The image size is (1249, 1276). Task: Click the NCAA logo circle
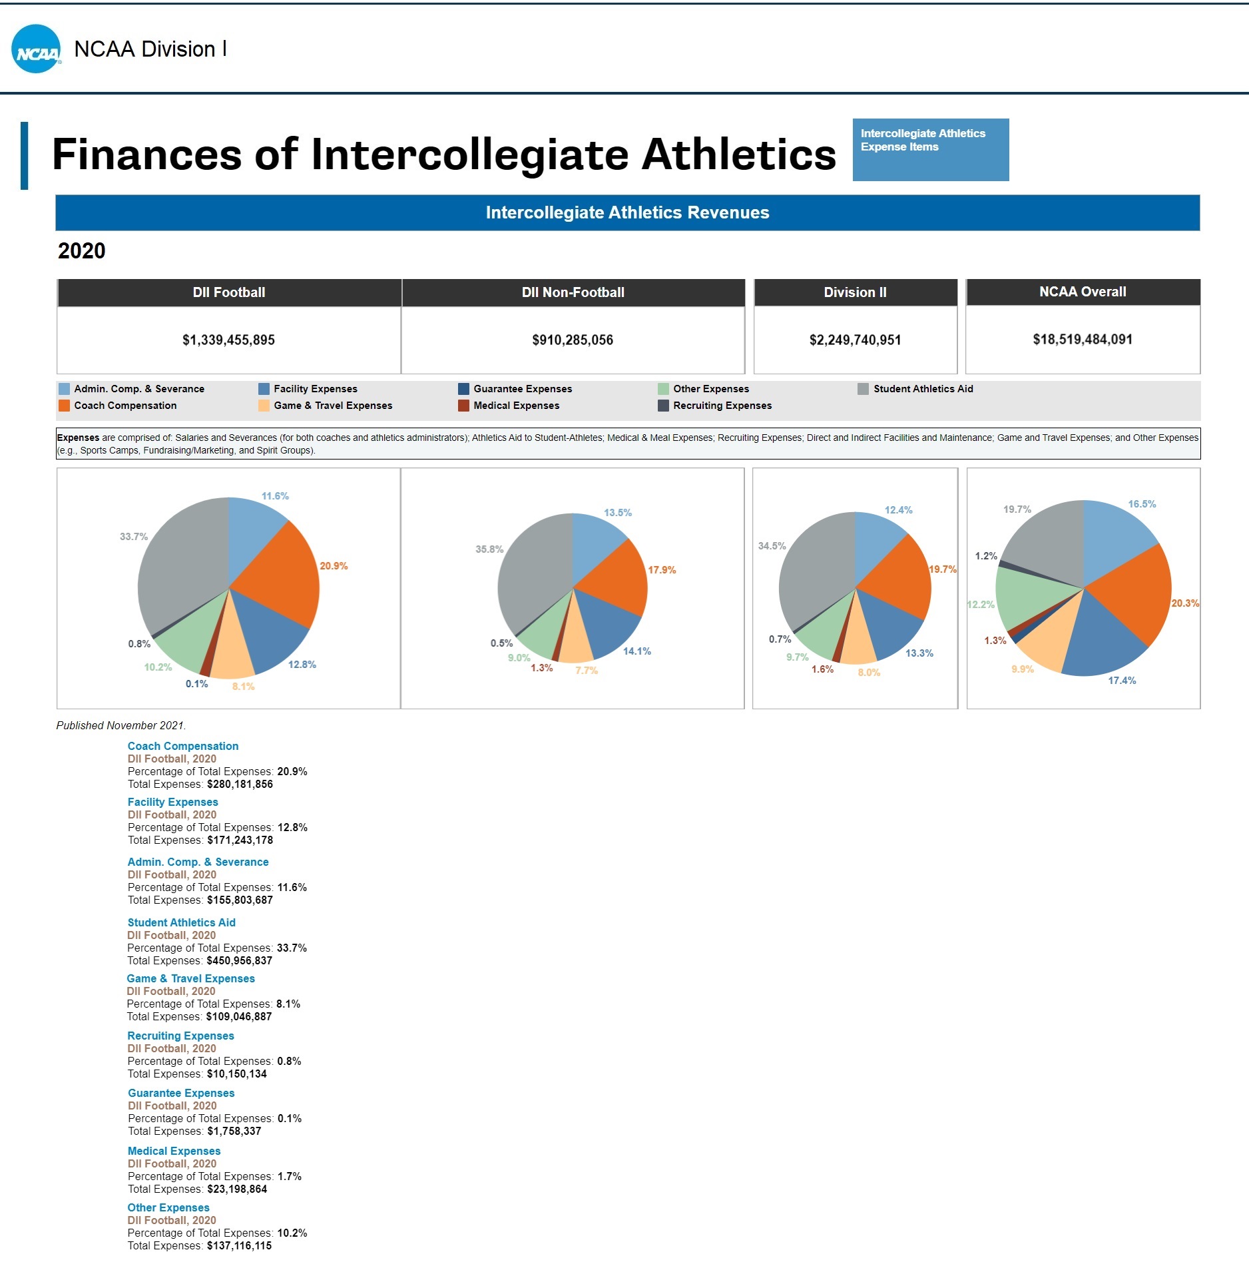click(36, 49)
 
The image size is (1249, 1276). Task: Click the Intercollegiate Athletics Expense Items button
click(930, 149)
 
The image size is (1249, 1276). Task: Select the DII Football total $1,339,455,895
click(228, 340)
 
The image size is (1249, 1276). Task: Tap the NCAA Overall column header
click(1083, 292)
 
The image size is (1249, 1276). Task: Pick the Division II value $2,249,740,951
click(855, 340)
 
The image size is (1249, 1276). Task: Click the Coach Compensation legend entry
click(125, 406)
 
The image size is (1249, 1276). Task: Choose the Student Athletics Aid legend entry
click(922, 389)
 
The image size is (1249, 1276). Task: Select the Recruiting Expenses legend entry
click(722, 406)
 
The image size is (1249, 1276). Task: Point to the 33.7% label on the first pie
click(134, 537)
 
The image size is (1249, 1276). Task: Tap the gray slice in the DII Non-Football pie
click(533, 573)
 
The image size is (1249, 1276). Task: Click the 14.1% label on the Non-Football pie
click(637, 651)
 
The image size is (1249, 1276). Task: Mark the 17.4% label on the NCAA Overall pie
click(1122, 681)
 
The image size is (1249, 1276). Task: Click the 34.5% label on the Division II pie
click(772, 546)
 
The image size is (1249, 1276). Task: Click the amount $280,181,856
click(240, 784)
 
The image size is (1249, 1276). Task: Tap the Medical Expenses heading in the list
click(174, 1151)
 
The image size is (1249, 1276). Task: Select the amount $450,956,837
click(240, 960)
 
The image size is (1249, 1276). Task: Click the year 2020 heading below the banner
click(82, 251)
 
